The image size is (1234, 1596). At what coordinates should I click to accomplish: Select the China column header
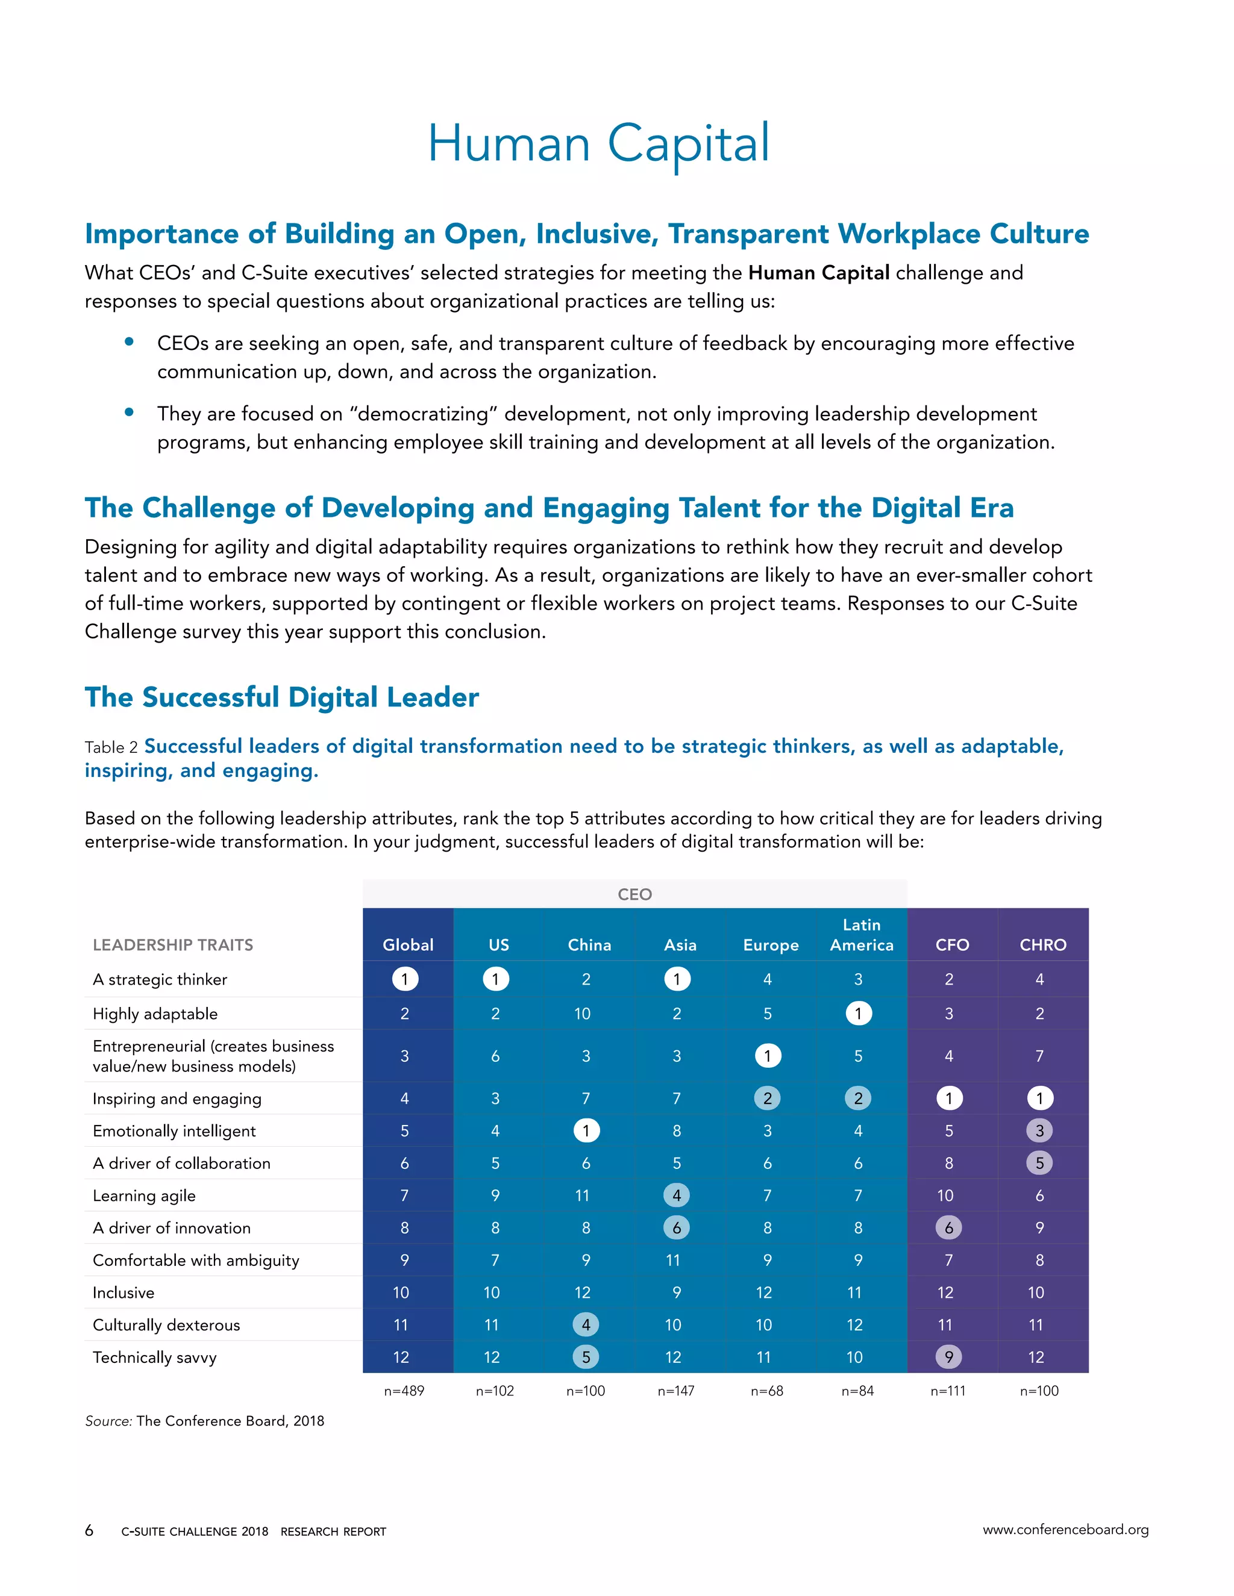[589, 944]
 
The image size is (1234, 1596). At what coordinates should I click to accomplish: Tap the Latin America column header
[861, 935]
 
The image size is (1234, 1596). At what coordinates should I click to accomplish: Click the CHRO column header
[1042, 944]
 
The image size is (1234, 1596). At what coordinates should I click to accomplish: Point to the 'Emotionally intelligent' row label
[174, 1130]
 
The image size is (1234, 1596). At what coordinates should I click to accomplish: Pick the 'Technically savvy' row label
[154, 1357]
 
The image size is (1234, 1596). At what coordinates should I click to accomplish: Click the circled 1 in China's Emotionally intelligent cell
[586, 1130]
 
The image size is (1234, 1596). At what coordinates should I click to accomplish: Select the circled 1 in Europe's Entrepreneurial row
[768, 1055]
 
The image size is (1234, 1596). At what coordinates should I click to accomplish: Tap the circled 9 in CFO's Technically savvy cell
[948, 1357]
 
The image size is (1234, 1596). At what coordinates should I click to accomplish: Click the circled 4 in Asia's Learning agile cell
[676, 1195]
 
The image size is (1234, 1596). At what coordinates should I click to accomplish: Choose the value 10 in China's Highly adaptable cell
[583, 1014]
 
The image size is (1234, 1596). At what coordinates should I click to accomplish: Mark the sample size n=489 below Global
[404, 1391]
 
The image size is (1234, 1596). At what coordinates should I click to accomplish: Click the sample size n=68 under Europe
[767, 1391]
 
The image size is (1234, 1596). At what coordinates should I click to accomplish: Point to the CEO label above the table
[634, 894]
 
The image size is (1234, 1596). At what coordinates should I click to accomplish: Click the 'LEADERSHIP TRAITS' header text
[172, 945]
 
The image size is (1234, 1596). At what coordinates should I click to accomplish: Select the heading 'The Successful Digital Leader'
[281, 697]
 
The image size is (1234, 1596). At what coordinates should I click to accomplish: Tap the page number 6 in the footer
[89, 1530]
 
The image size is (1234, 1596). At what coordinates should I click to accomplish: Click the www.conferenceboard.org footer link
[1065, 1530]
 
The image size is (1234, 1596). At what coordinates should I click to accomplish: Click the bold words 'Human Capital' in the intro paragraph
[819, 273]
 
